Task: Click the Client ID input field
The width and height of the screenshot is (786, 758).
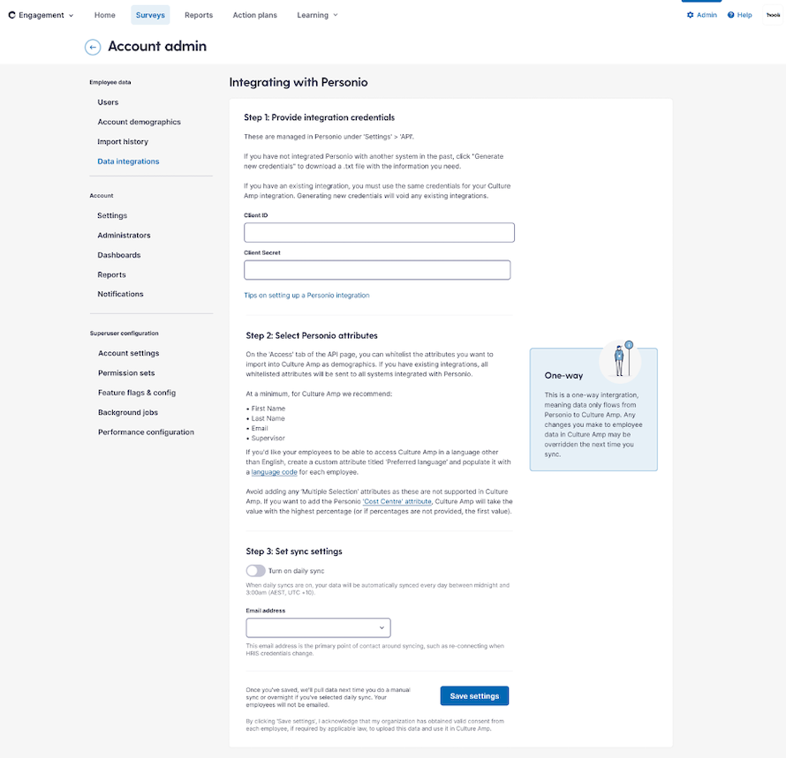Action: [379, 233]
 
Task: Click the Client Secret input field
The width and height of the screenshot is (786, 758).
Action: [379, 270]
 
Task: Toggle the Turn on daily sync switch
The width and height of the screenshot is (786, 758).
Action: [255, 571]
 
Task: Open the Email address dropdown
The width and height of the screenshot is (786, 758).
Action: [318, 627]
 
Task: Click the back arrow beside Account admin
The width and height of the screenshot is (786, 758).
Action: [93, 47]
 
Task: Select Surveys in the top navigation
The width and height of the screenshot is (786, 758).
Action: [150, 15]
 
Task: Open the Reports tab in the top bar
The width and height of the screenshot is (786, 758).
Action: [199, 15]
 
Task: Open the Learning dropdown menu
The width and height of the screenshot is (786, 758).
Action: [318, 15]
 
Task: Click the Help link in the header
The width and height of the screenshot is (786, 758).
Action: [740, 15]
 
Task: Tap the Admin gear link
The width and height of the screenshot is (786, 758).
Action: [701, 15]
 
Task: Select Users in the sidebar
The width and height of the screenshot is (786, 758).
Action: [108, 102]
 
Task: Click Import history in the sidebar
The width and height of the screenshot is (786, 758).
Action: [123, 141]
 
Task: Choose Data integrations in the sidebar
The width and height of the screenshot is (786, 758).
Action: [128, 161]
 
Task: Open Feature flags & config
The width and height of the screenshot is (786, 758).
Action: [137, 393]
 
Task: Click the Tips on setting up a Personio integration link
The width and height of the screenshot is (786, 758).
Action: [306, 296]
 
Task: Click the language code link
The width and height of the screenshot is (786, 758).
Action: [273, 473]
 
